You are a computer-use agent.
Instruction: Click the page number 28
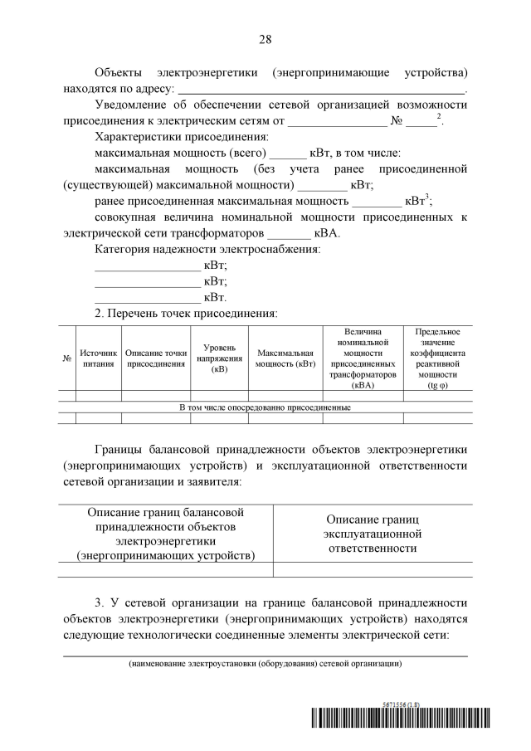click(x=265, y=39)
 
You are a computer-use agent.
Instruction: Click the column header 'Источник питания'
click(x=98, y=358)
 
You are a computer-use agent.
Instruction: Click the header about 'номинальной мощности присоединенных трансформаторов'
click(x=363, y=358)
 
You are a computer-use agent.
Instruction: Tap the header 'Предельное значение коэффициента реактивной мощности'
click(x=437, y=358)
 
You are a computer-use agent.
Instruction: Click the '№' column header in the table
click(x=66, y=358)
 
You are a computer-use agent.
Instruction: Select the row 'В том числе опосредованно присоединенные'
click(x=265, y=407)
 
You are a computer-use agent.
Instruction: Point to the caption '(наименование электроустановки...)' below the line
click(x=265, y=665)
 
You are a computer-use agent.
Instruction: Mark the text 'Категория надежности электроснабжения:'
click(x=208, y=250)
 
